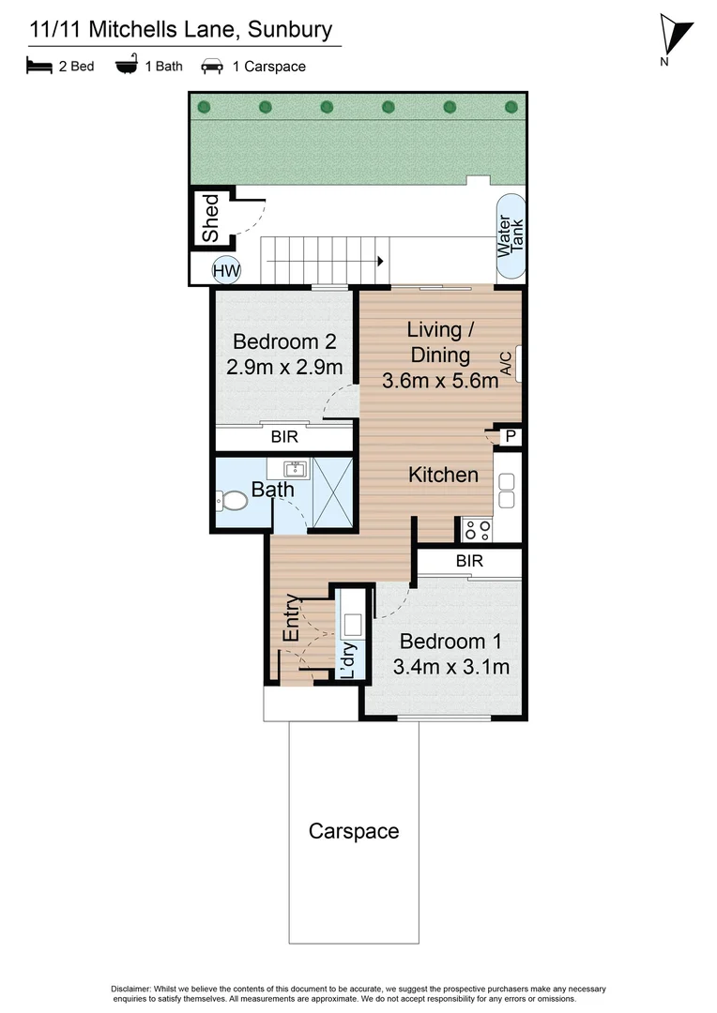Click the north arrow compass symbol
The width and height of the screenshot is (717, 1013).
[x=676, y=38]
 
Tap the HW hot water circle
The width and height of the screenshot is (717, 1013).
[x=226, y=271]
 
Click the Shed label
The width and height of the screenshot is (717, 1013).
[x=211, y=218]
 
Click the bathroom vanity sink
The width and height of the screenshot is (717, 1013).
[x=297, y=468]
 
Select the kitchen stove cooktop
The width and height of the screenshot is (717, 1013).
[x=477, y=530]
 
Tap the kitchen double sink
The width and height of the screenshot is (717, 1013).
[x=507, y=491]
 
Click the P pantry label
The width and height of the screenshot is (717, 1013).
[x=511, y=436]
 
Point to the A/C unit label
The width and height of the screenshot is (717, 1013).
[x=506, y=364]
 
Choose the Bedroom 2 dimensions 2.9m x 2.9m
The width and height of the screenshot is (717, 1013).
[x=284, y=367]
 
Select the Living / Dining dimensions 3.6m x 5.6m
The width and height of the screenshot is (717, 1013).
[x=440, y=380]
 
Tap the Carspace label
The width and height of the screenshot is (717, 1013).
[x=354, y=831]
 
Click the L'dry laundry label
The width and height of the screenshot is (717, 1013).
[x=346, y=661]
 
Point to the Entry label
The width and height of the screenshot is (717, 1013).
[x=292, y=618]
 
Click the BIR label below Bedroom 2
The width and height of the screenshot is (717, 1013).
[x=284, y=437]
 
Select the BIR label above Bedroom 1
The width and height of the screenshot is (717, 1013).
[x=469, y=561]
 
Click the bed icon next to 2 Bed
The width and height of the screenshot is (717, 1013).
[x=38, y=67]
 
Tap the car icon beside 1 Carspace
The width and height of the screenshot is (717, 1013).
[x=211, y=67]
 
